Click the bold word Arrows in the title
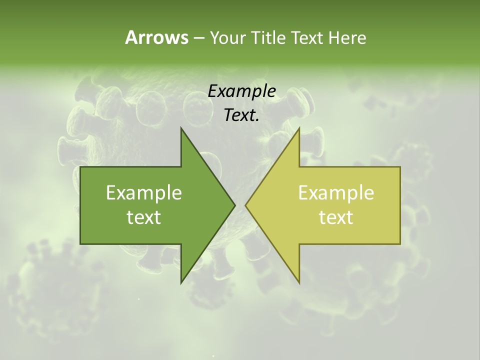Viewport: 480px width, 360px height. pos(156,37)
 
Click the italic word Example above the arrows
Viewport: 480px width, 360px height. pos(241,91)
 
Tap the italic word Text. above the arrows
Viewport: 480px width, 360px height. pos(241,115)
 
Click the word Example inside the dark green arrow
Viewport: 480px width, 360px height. pos(144,192)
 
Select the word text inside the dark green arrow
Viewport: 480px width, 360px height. pos(144,217)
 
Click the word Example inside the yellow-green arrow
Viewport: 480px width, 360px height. pos(336,192)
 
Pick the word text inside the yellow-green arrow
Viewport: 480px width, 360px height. pos(336,217)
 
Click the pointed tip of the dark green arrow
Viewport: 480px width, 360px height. pos(235,205)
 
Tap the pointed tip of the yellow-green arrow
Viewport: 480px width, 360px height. pos(245,205)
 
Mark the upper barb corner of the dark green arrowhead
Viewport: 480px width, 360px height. pos(181,128)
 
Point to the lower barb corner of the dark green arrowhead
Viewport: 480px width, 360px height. pos(181,283)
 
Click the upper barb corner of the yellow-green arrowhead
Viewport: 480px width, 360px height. pos(299,128)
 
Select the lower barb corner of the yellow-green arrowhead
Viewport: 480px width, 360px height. pos(299,283)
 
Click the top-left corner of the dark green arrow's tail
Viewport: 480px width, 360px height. pos(80,167)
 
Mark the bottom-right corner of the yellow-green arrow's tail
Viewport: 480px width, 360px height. pos(400,243)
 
